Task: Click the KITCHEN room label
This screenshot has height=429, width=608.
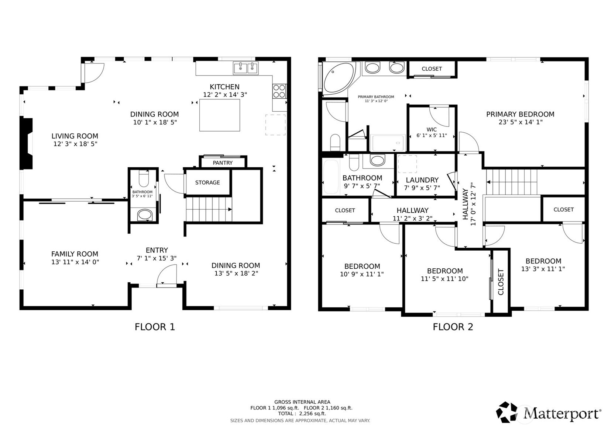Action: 224,87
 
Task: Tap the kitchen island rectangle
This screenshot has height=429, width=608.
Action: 220,115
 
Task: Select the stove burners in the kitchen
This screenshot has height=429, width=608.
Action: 279,91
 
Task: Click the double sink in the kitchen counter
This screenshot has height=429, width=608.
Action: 245,68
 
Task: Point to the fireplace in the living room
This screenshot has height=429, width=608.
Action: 27,144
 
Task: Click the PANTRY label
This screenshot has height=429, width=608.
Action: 223,163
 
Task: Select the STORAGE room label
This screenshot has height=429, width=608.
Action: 207,182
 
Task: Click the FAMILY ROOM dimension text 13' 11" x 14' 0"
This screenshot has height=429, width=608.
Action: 75,262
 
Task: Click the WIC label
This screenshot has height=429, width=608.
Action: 432,129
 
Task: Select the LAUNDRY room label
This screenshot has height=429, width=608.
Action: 422,180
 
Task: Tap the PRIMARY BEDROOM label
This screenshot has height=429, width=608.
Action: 520,114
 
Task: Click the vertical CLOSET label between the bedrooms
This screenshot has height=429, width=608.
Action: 501,282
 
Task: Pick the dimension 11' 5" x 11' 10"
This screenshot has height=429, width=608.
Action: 444,279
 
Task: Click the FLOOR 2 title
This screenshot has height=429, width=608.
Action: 453,327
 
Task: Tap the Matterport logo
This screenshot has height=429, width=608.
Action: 549,413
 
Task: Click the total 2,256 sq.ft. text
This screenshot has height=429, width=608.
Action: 302,414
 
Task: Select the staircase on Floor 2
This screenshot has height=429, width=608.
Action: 511,182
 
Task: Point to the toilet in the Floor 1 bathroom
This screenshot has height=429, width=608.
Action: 143,180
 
